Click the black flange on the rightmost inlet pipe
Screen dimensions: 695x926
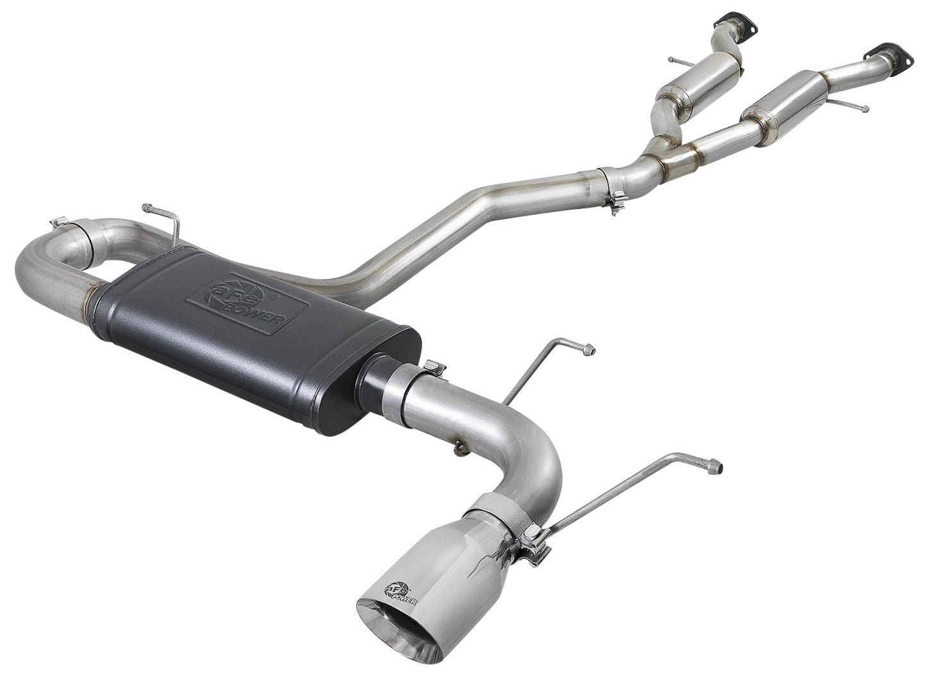tap(885, 53)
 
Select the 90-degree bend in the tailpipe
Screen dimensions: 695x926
tap(538, 455)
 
